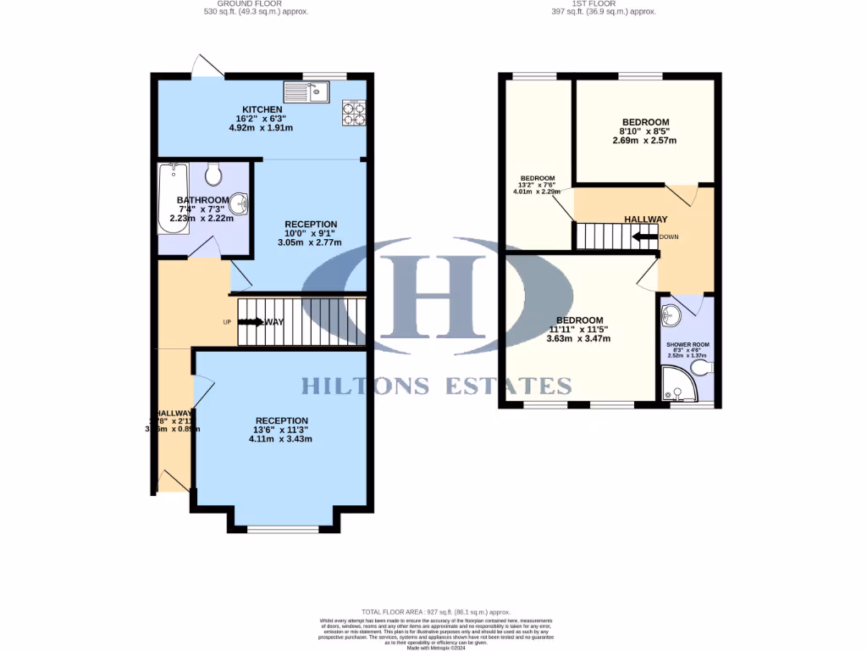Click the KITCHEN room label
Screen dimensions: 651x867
(x=262, y=110)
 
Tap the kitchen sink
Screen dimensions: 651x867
(x=306, y=91)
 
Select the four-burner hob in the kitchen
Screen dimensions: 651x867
(x=353, y=112)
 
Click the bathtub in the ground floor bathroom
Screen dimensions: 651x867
(x=171, y=198)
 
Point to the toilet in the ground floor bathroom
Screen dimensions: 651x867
(x=213, y=174)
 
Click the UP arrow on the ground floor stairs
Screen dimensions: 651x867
(x=251, y=322)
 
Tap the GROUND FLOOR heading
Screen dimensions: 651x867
(x=257, y=3)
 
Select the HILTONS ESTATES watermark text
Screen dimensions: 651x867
(x=437, y=386)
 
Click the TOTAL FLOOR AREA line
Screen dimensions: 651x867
(x=436, y=611)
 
